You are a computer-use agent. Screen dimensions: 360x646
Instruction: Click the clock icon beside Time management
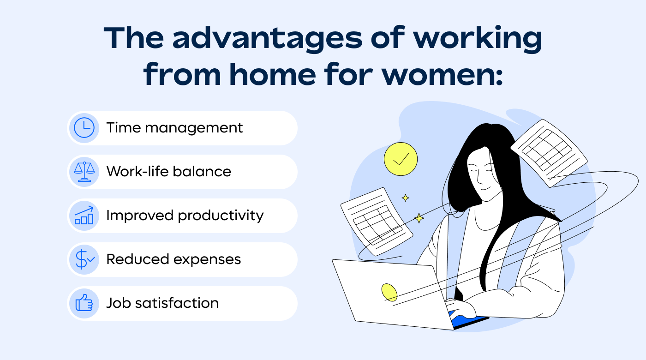(x=84, y=128)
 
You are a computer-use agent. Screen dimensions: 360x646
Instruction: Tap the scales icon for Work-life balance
(x=84, y=172)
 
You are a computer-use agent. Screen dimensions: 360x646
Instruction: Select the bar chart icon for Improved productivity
(x=84, y=216)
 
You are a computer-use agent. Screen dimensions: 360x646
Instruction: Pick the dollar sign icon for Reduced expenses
(x=84, y=259)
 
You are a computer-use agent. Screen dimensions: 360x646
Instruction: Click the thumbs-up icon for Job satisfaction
(x=84, y=303)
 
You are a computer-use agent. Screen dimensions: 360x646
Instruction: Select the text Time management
(x=174, y=128)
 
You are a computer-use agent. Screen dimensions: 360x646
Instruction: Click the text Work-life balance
(x=168, y=172)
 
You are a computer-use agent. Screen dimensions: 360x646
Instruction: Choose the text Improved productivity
(x=185, y=216)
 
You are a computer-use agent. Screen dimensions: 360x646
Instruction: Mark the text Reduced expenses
(x=173, y=259)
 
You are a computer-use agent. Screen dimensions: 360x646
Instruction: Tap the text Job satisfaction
(x=162, y=303)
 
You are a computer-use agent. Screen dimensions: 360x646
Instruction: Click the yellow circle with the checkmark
(x=401, y=159)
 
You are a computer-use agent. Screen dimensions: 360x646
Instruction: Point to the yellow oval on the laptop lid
(x=389, y=292)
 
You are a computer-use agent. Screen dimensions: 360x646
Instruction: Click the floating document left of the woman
(x=376, y=221)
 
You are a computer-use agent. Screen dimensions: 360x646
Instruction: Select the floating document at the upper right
(x=549, y=152)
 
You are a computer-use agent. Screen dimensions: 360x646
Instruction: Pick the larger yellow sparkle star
(x=419, y=218)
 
